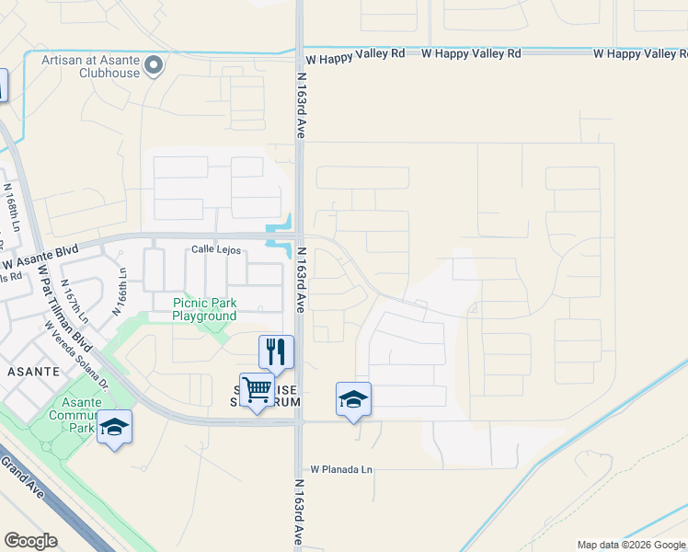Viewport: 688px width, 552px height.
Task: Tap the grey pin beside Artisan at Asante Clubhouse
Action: (x=155, y=65)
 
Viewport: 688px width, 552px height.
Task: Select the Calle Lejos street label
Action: (x=216, y=249)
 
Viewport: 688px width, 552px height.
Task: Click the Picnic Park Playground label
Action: (x=204, y=309)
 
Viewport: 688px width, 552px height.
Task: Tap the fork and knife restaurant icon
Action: (x=276, y=351)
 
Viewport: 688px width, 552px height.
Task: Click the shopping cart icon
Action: (x=257, y=389)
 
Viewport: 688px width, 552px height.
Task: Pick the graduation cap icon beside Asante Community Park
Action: (x=114, y=427)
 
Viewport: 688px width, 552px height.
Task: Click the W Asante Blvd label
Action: (x=41, y=251)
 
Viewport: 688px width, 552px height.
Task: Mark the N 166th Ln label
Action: (x=119, y=292)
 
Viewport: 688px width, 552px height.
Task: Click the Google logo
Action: (x=30, y=541)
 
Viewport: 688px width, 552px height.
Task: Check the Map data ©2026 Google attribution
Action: (x=630, y=545)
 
